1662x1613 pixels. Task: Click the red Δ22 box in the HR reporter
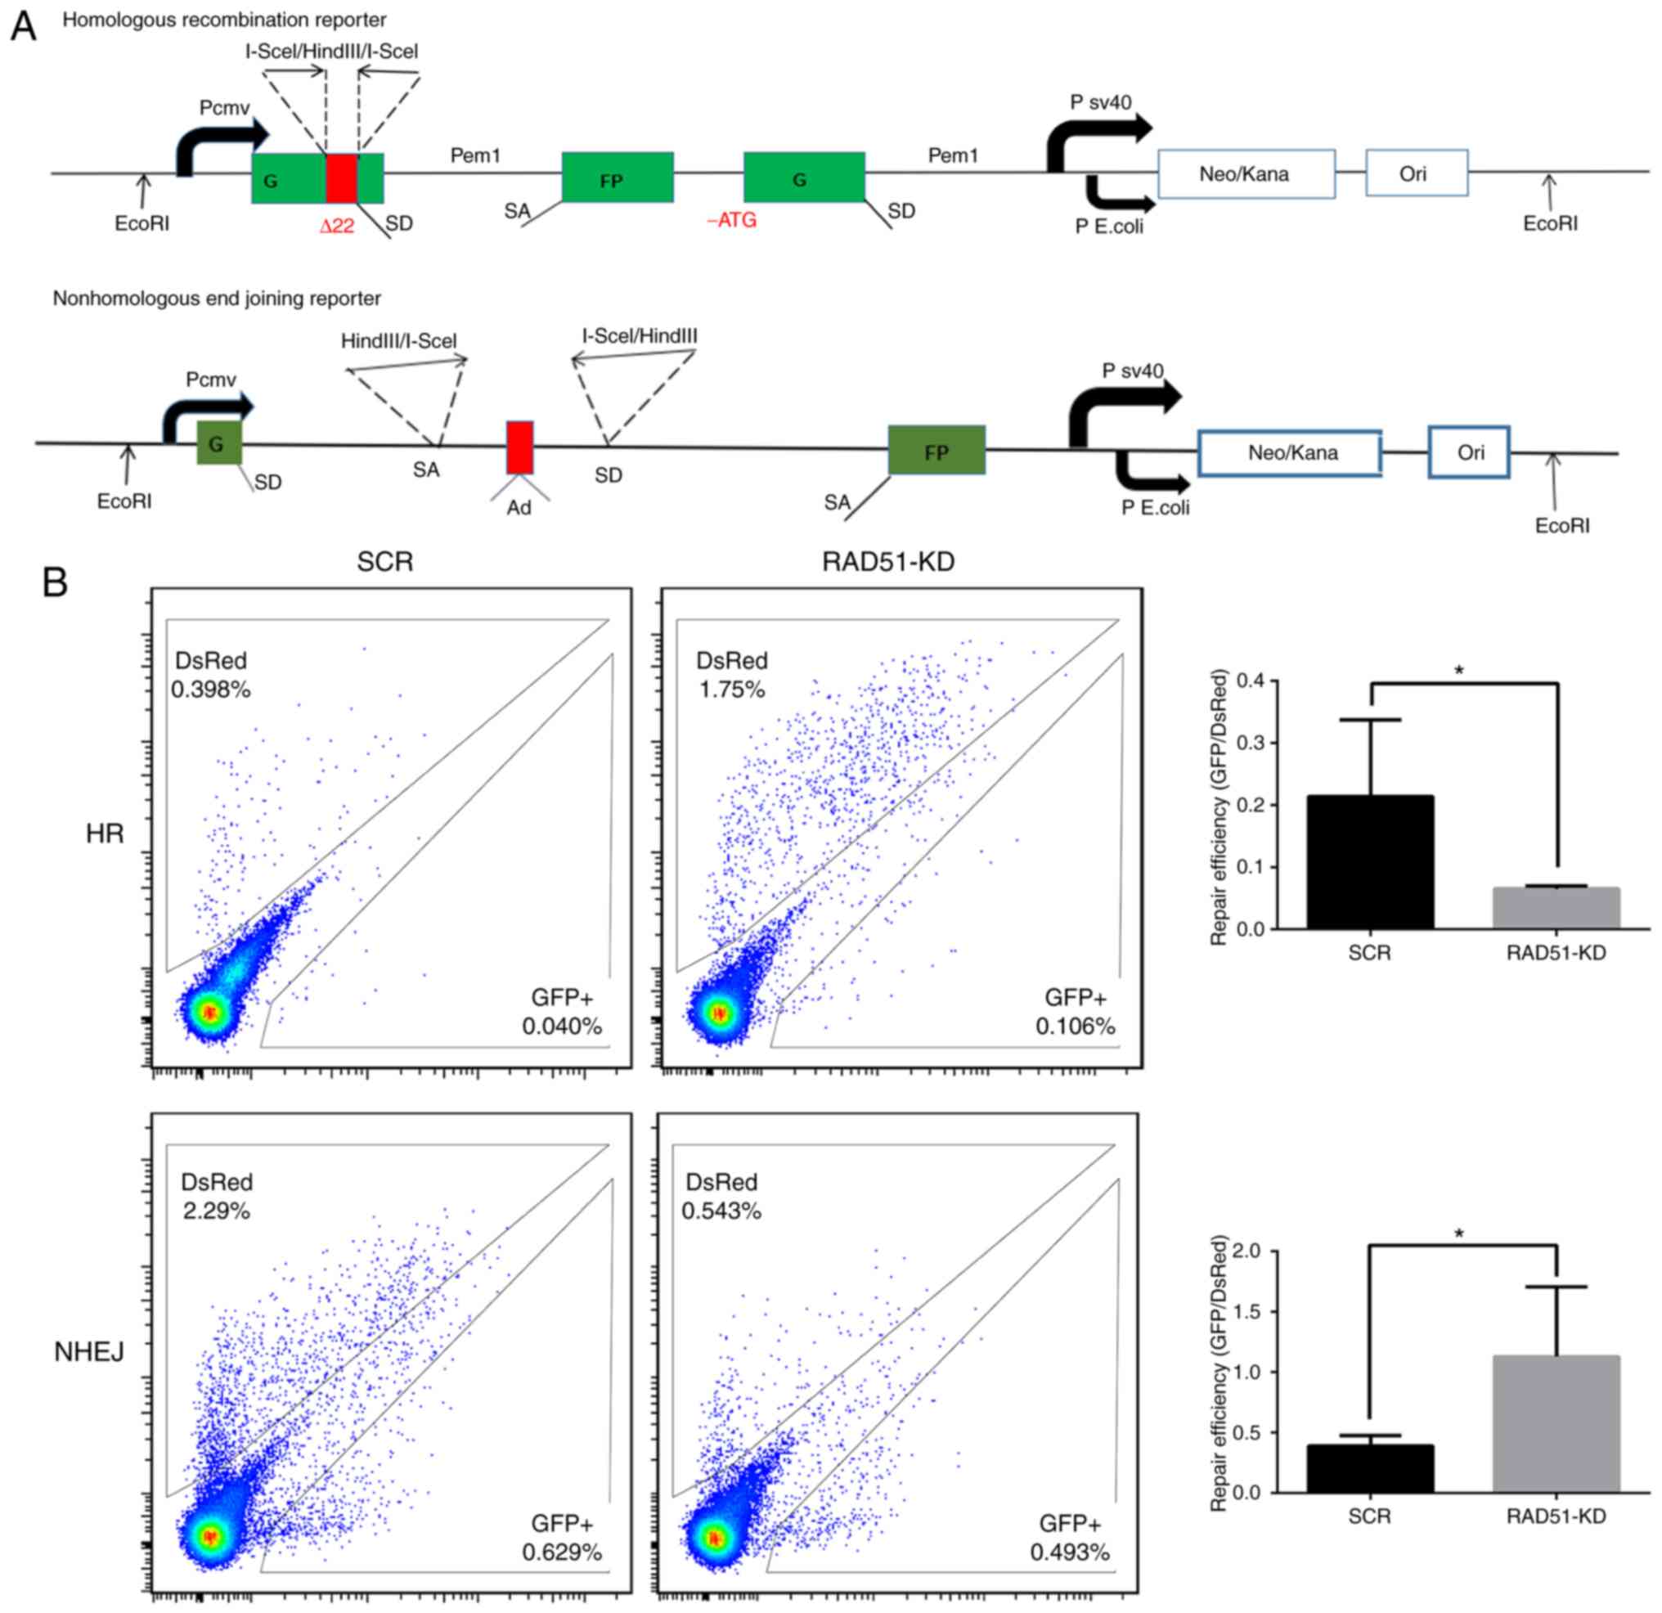pos(342,178)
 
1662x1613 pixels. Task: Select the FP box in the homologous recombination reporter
pos(618,178)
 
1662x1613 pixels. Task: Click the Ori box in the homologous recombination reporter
pos(1416,173)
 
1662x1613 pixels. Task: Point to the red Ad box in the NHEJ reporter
pos(520,447)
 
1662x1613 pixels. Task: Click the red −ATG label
pos(731,222)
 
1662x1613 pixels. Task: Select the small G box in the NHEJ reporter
pos(218,443)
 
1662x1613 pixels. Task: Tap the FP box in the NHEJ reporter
pos(937,451)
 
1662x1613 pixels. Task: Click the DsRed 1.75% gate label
pos(731,675)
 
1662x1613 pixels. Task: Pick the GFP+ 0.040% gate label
pos(562,1012)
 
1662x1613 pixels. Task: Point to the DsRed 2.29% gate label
pos(216,1196)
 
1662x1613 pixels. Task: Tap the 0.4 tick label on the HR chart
pos(1250,681)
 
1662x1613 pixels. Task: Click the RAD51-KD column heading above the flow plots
pos(887,562)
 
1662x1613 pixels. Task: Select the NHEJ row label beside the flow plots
pos(89,1352)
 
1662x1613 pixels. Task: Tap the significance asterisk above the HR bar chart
pos(1458,671)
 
